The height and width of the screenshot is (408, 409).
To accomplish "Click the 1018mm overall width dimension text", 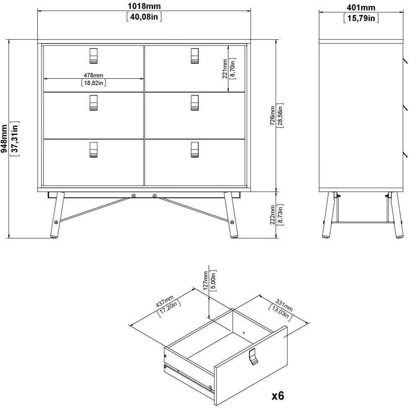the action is pos(144,6).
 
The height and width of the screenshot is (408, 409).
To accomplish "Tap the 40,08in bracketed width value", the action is pos(144,17).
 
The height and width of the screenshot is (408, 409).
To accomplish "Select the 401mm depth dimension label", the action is pos(361,7).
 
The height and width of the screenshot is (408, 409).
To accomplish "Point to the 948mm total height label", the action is pos(4,138).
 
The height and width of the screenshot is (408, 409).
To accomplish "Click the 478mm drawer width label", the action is pos(93,75).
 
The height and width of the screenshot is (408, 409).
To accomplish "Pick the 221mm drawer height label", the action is pos(225,69).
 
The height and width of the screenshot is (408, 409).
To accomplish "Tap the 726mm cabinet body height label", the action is pos(272,116).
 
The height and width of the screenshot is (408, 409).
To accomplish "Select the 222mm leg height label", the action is pos(272,215).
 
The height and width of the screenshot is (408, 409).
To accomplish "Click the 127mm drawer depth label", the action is pos(205,281).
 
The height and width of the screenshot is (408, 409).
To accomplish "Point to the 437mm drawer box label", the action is pos(165,301).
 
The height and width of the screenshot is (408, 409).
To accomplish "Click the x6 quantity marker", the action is pos(278,396).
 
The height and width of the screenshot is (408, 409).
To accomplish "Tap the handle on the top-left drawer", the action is pos(93,56).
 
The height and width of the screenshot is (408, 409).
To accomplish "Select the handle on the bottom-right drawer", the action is pos(194,150).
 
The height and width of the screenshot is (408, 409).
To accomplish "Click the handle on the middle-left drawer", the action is pos(93,103).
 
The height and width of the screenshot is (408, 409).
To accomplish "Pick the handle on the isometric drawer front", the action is pos(253,356).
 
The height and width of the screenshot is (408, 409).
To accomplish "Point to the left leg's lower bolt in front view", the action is pos(56,222).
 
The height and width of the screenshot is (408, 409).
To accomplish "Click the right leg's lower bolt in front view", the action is pos(232,222).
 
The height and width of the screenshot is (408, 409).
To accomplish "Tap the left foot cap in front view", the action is pos(54,237).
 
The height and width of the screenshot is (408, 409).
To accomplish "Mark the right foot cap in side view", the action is pos(399,237).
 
